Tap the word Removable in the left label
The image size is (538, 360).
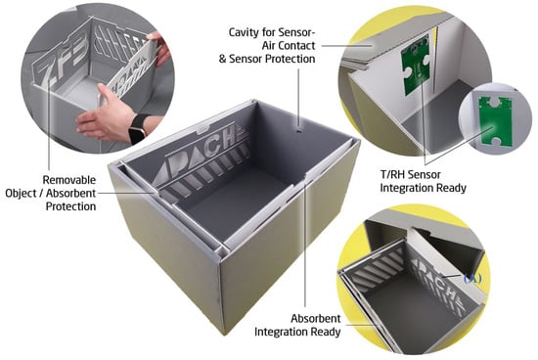[x=69, y=180]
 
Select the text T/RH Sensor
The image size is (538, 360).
[x=411, y=175]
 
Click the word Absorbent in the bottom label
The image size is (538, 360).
[x=316, y=319]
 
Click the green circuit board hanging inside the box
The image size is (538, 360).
[x=416, y=66]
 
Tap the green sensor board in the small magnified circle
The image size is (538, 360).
[x=495, y=120]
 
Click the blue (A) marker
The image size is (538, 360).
[x=472, y=279]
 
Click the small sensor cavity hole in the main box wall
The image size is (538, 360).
[x=298, y=131]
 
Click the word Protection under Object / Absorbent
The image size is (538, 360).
[x=70, y=206]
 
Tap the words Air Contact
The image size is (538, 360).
[x=289, y=46]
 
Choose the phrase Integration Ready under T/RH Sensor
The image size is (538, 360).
[x=423, y=188]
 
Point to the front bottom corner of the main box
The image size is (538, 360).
[x=225, y=333]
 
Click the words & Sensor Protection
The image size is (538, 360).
[x=267, y=59]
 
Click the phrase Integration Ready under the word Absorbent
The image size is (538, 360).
[x=297, y=333]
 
